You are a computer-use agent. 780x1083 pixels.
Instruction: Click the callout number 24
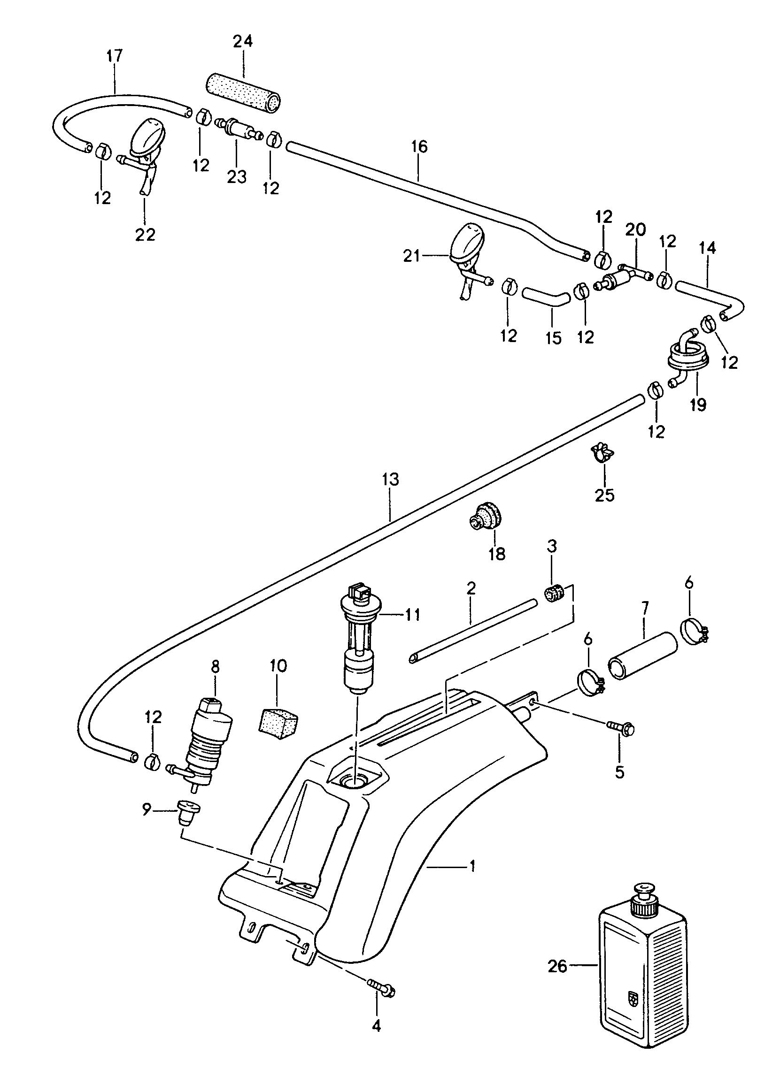(x=243, y=42)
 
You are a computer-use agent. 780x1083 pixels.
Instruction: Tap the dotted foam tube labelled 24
(x=243, y=93)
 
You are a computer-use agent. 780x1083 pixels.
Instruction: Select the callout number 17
(x=114, y=56)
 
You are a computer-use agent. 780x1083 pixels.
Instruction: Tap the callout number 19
(x=698, y=405)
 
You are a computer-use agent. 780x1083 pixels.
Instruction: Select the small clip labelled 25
(x=603, y=451)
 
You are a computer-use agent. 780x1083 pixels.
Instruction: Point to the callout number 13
(x=390, y=480)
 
